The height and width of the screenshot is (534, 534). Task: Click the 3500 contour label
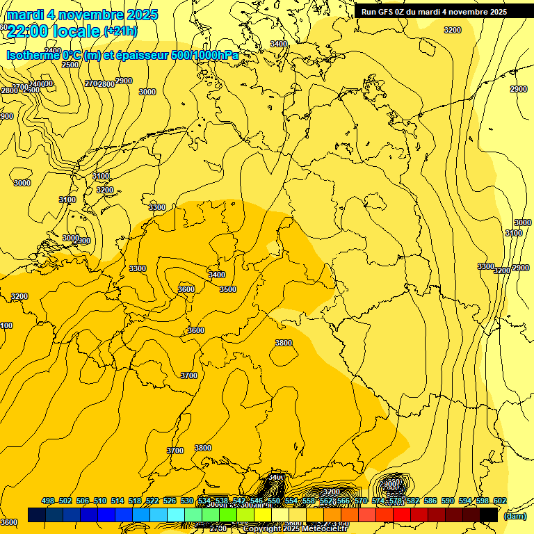tap(227, 290)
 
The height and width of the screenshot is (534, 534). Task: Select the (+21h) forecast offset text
tap(120, 31)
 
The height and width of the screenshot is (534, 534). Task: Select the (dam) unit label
tap(515, 516)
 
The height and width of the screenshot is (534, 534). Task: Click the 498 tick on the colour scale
tap(48, 501)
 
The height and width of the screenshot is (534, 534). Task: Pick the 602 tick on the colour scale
tap(500, 501)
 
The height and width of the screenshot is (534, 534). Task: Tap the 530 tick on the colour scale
tap(187, 501)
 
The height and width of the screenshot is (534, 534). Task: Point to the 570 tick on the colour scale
tap(361, 501)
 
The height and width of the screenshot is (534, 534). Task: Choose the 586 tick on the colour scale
tap(430, 501)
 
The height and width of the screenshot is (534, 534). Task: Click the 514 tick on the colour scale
tap(118, 501)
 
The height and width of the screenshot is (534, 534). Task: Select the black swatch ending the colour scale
tap(489, 515)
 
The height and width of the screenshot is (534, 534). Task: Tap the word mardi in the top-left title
tap(24, 15)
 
